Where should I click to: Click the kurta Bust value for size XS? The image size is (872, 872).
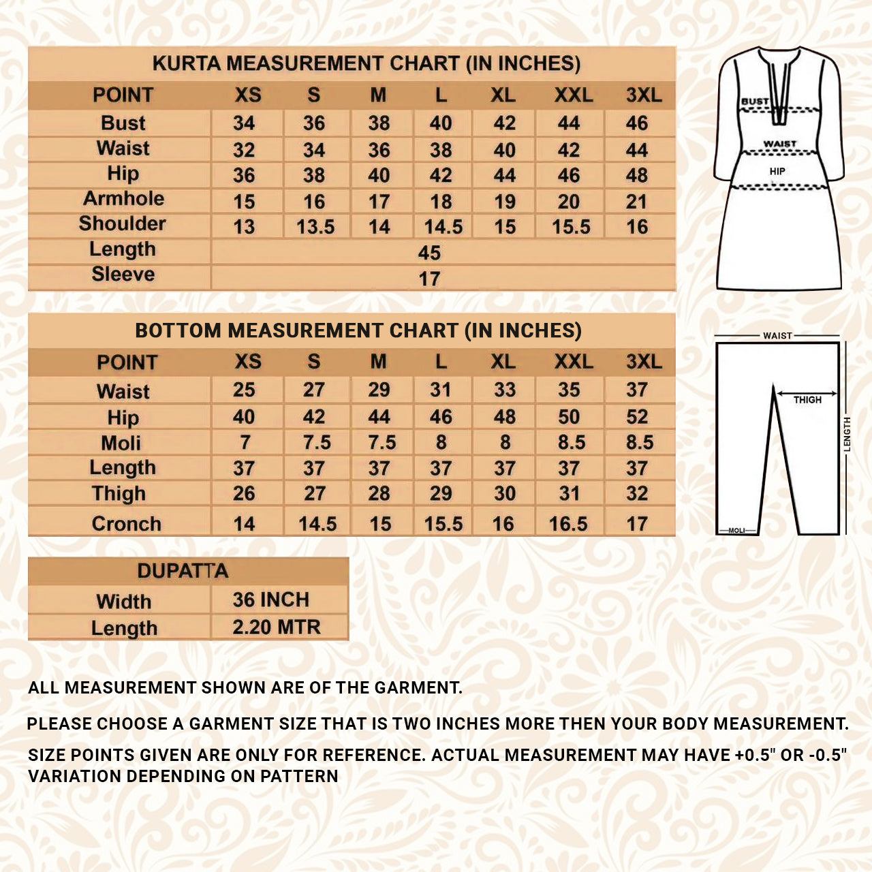244,123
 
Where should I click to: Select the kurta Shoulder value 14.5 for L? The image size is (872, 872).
443,227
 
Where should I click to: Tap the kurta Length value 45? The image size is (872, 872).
429,253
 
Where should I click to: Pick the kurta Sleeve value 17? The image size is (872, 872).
429,279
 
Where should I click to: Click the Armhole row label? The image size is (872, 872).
123,199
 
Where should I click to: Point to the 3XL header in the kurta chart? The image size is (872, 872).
644,95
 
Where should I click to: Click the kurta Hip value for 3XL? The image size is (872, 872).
637,175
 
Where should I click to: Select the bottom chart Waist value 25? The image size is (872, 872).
244,390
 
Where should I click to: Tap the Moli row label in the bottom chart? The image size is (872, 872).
121,443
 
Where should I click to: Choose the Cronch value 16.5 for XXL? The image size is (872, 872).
568,524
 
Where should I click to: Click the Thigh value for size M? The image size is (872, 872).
379,494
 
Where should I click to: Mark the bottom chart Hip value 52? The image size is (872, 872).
637,417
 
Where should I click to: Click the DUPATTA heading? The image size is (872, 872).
183,571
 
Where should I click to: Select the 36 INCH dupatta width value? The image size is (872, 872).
270,599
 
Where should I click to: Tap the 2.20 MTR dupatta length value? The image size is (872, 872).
276,627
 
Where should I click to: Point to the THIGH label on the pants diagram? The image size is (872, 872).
807,400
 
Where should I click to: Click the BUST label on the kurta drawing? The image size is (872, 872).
755,102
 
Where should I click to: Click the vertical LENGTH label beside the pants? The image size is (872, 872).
847,434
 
